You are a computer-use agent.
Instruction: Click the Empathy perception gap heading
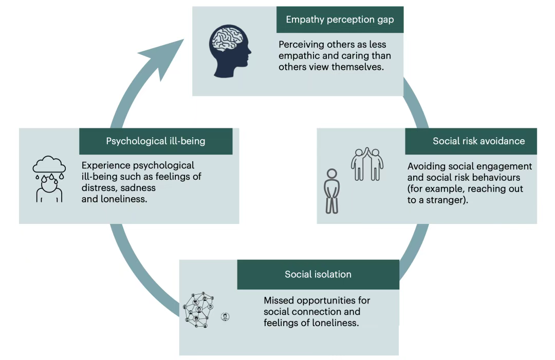[340, 20]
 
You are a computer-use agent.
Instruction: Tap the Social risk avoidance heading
[471, 141]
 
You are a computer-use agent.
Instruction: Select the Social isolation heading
[318, 274]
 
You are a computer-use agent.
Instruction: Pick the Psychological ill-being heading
[156, 141]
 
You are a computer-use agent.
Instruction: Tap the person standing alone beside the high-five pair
[332, 191]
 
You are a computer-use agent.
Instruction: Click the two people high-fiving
[367, 164]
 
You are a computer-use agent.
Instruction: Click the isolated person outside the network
[225, 316]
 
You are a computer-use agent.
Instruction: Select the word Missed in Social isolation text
[280, 300]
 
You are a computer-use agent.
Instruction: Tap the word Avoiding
[426, 166]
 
